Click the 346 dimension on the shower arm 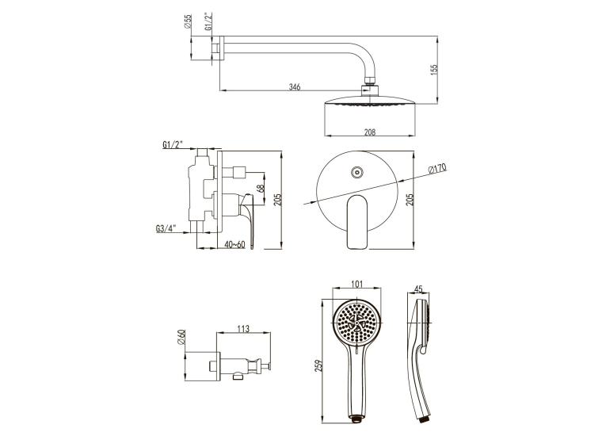tap(295, 86)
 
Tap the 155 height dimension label tap(434, 70)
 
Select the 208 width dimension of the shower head tap(370, 132)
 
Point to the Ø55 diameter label tap(189, 21)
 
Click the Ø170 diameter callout tap(437, 169)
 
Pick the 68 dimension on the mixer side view tap(261, 188)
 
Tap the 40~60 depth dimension tap(234, 244)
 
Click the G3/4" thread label tap(166, 228)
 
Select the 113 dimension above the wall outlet tap(243, 329)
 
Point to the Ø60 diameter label tap(182, 337)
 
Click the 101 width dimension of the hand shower tap(356, 285)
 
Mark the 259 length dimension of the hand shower tap(319, 366)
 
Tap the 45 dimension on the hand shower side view tap(418, 289)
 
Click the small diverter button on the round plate tap(357, 173)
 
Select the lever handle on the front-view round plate tap(357, 222)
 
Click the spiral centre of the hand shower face tap(356, 323)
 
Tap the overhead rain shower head tap(370, 101)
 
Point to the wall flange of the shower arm tap(222, 48)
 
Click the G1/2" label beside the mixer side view tap(173, 144)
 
